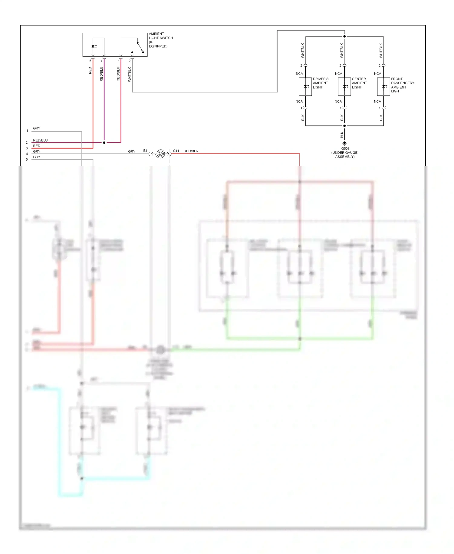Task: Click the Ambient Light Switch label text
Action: pos(160,40)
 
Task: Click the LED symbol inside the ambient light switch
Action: pos(94,46)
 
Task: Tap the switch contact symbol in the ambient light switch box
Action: pos(140,47)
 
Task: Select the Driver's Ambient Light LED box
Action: pos(305,87)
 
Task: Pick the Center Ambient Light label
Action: pos(359,83)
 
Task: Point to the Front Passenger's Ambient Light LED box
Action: pos(383,87)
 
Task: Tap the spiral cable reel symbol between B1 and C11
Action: pos(160,154)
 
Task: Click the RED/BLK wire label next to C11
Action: pos(191,151)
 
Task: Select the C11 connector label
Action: pos(176,151)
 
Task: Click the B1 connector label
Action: pos(145,151)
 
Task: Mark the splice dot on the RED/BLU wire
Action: pos(104,142)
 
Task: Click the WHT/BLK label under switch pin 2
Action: pos(130,75)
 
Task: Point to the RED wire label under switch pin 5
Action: pos(90,71)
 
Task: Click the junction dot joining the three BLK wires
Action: pos(344,126)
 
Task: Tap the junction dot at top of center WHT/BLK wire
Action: pos(344,36)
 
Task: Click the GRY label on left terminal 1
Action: pos(37,128)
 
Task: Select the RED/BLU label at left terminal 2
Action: pos(40,140)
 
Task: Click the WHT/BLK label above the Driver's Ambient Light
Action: pos(303,51)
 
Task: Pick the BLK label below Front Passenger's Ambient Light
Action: pos(381,118)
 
